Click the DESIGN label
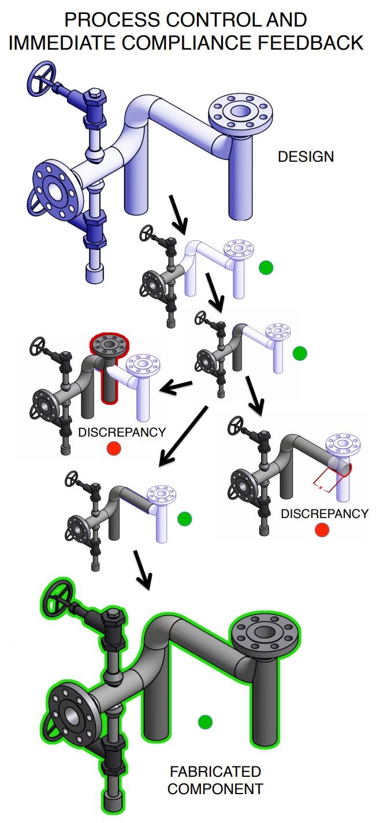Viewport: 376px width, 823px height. click(x=306, y=157)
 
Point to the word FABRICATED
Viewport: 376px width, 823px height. click(x=215, y=772)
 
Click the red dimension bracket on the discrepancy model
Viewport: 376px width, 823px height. click(x=323, y=479)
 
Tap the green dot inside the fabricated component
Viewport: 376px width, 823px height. click(x=205, y=721)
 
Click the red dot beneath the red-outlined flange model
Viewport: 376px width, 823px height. click(x=114, y=449)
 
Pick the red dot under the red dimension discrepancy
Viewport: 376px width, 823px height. click(x=322, y=529)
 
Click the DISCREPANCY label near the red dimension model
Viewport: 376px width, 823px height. click(x=323, y=513)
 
